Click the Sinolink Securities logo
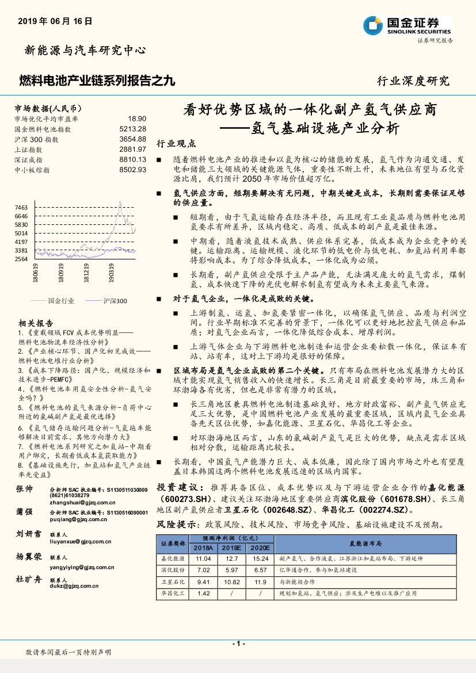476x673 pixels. [x=407, y=25]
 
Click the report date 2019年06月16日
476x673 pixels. [x=55, y=21]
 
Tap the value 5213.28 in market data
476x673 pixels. [x=133, y=129]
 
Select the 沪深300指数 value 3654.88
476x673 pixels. [x=133, y=139]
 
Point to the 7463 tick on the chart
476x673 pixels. [x=21, y=207]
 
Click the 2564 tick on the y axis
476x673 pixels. [x=21, y=259]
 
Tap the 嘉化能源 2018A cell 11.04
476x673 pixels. [x=204, y=559]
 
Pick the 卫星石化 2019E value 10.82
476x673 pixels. [x=232, y=582]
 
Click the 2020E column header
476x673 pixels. [x=260, y=548]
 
